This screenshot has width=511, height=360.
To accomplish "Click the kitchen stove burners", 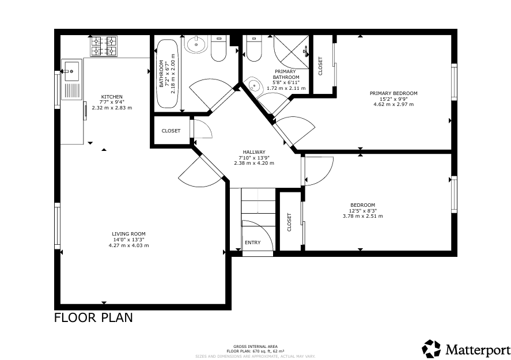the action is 104,46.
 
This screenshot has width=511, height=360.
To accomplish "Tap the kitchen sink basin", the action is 71,71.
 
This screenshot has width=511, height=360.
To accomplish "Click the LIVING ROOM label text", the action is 128,234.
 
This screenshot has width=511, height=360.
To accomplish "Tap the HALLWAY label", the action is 254,152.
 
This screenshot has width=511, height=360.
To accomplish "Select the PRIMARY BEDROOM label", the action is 393,93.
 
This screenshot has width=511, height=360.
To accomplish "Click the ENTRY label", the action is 252,242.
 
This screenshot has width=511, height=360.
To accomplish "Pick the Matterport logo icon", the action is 431,348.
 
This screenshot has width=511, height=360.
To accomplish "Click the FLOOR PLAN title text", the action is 93,317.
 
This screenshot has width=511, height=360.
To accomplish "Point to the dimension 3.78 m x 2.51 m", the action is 363,216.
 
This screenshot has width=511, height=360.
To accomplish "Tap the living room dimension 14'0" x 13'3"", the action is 128,240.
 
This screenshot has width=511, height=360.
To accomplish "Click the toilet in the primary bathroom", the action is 254,49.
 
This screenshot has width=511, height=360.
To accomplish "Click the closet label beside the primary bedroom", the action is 320,66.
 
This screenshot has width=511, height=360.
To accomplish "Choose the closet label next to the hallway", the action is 171,131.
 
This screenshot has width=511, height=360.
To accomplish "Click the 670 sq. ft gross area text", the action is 256,351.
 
